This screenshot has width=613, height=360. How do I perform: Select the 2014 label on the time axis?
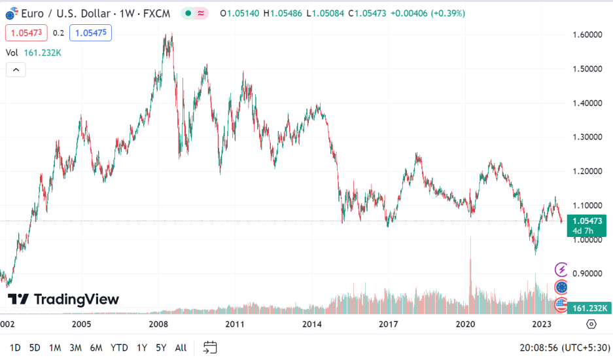(x=312, y=324)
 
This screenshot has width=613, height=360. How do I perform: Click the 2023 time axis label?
(x=542, y=324)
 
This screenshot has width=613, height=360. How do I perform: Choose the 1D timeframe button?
(x=15, y=348)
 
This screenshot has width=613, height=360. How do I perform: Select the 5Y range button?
(x=160, y=348)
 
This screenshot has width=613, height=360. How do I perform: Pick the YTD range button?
(x=119, y=348)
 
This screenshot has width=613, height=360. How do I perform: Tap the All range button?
(x=181, y=348)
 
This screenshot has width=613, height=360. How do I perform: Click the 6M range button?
(x=96, y=348)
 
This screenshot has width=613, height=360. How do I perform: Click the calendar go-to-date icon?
(x=210, y=348)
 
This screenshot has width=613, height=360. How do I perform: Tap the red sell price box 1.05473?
(x=26, y=32)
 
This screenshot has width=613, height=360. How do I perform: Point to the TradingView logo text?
(x=63, y=300)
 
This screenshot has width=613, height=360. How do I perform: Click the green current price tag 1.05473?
(x=586, y=221)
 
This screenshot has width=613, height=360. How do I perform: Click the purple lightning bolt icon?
(x=561, y=269)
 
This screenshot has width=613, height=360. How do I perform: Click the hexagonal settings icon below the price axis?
(x=591, y=324)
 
